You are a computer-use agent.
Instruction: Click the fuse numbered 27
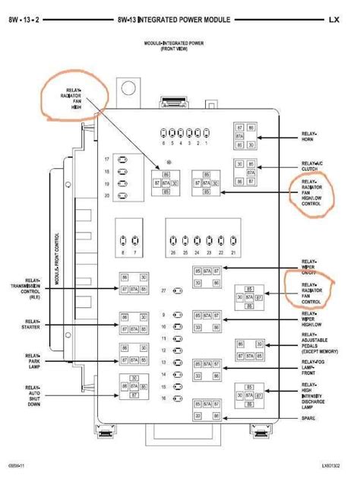click(177, 291)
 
